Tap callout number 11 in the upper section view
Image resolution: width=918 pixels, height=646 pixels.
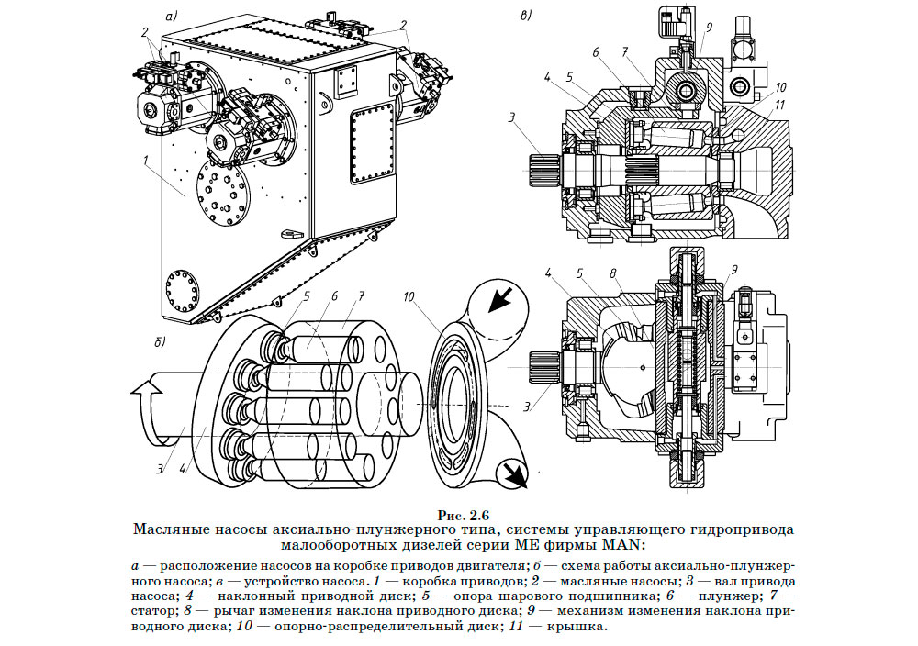coord(780,106)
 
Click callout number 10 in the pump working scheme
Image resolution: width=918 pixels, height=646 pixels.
coord(409,295)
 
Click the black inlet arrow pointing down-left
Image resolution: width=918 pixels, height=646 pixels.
coord(499,298)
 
